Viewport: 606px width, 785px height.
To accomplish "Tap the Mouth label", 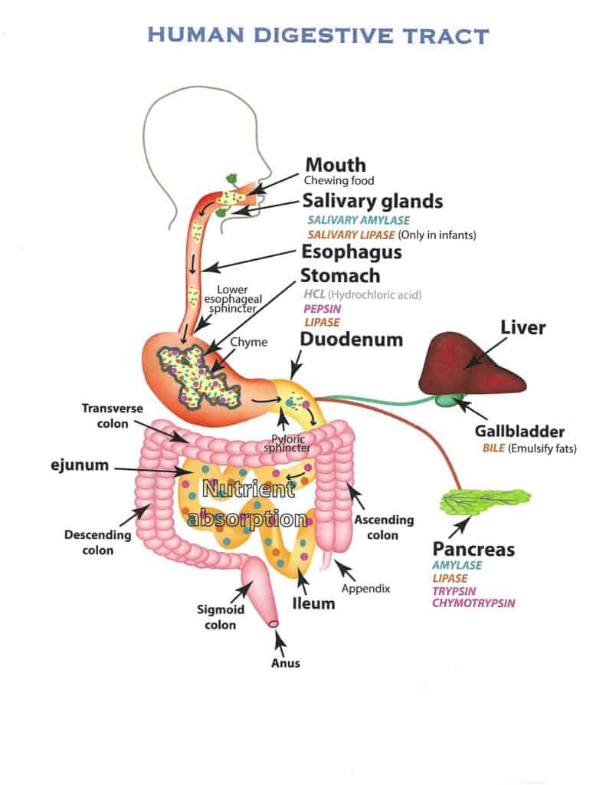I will coord(335,165).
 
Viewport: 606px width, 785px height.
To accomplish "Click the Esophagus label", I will coord(351,252).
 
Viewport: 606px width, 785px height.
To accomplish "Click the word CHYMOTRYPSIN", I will coord(473,603).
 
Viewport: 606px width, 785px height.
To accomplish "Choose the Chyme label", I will coord(254,342).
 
